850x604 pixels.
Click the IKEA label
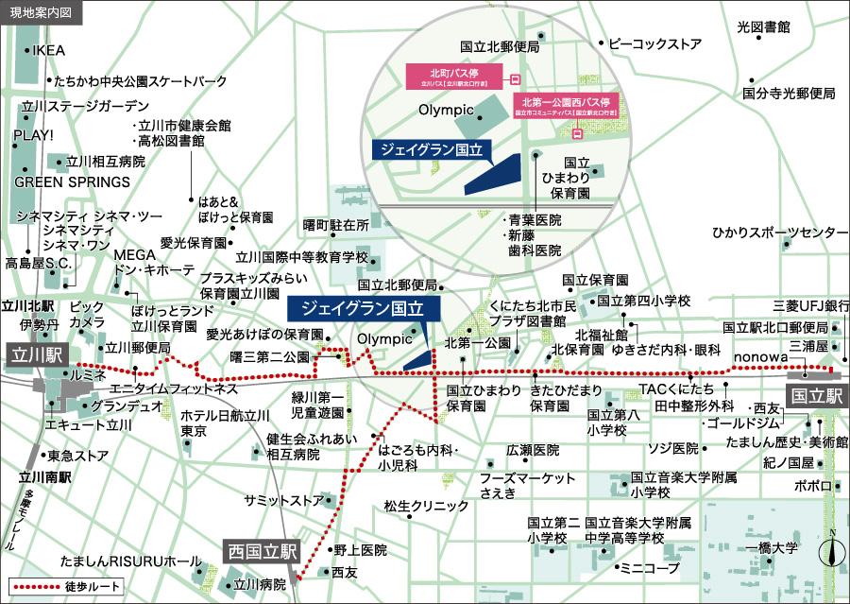click(x=48, y=50)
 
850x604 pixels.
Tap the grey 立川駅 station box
click(x=36, y=355)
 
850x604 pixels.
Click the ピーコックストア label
click(x=654, y=43)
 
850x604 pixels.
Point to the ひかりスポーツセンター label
click(x=780, y=233)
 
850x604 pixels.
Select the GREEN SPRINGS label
click(x=72, y=181)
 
